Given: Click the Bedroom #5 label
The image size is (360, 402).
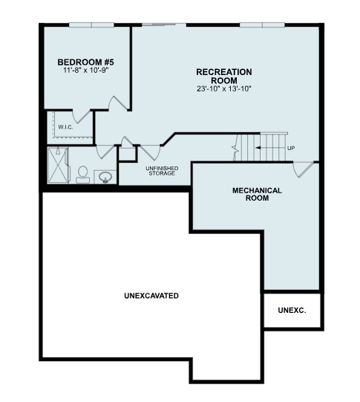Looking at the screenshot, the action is click(86, 62).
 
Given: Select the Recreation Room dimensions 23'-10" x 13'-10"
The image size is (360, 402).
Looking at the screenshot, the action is click(224, 89).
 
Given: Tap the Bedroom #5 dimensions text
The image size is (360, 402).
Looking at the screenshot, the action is click(86, 70).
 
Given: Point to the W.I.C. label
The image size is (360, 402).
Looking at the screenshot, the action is click(65, 127).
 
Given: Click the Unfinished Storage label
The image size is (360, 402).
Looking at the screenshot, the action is click(162, 171).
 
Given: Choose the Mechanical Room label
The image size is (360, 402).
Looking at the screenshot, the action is click(257, 194).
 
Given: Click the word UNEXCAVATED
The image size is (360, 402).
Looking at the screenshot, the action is click(151, 296).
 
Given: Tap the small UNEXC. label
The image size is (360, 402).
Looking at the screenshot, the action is click(292, 310).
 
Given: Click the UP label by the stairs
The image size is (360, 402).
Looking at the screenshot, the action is click(291, 148).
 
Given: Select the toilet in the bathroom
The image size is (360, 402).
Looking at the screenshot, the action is click(82, 175).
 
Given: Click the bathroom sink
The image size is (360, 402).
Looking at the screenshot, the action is click(105, 177).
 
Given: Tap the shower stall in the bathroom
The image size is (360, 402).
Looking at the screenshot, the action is click(59, 165).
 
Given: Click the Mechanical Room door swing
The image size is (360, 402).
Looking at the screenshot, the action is click(303, 169).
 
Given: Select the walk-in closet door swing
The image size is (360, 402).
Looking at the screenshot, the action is click(82, 116).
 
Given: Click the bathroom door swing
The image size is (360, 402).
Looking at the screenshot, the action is click(105, 152).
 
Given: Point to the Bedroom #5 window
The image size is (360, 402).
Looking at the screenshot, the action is click(91, 25).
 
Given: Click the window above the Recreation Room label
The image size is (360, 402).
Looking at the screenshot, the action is click(262, 25).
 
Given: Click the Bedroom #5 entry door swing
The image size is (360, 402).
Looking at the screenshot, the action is click(118, 103).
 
